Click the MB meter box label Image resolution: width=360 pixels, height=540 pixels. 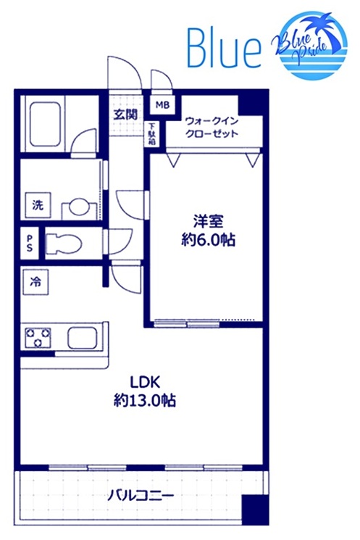[162, 106]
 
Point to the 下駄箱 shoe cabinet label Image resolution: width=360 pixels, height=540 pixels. [152, 134]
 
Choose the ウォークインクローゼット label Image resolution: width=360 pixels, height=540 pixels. [212, 129]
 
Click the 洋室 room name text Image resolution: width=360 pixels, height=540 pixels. [207, 219]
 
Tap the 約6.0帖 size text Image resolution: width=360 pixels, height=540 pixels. [207, 240]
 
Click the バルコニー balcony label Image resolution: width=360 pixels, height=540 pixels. [140, 497]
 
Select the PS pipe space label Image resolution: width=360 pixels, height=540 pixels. [30, 242]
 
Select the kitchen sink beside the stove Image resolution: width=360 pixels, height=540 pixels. [84, 337]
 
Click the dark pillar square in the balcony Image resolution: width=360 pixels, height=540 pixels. [254, 509]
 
